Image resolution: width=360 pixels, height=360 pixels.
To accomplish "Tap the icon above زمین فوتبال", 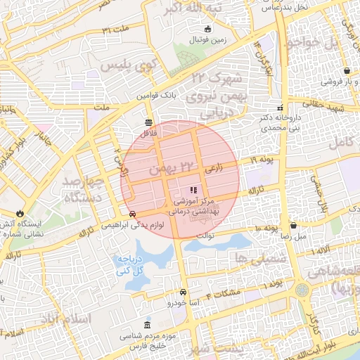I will click(x=207, y=30).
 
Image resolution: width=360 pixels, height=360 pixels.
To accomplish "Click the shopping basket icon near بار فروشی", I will click(x=348, y=71).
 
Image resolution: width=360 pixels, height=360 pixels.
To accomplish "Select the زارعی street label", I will click(x=213, y=169).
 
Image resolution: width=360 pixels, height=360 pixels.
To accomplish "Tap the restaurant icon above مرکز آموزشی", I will click(x=193, y=190).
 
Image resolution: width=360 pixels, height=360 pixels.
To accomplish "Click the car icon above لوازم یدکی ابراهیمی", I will click(x=132, y=214).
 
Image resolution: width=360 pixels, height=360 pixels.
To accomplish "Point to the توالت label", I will click(x=204, y=236).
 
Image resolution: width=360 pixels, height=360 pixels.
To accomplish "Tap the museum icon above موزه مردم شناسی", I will click(x=146, y=326).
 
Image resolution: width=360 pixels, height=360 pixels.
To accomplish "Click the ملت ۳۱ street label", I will click(x=117, y=30).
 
